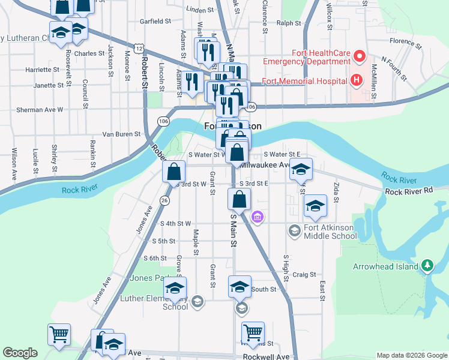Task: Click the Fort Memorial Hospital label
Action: tap(298, 80)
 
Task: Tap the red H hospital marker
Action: tap(357, 80)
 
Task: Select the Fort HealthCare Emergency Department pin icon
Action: tap(360, 58)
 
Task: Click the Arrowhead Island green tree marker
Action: tap(427, 265)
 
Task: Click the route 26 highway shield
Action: tap(163, 200)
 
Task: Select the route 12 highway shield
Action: tap(139, 47)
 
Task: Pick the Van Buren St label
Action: tap(121, 134)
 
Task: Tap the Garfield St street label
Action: tap(155, 21)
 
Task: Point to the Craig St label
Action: tap(304, 274)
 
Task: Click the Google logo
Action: tap(20, 353)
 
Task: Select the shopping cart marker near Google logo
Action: tap(59, 335)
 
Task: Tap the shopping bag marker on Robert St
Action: tap(173, 172)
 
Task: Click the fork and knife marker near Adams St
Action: tap(193, 82)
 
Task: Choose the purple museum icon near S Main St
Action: tap(258, 217)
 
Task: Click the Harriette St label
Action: tap(43, 70)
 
